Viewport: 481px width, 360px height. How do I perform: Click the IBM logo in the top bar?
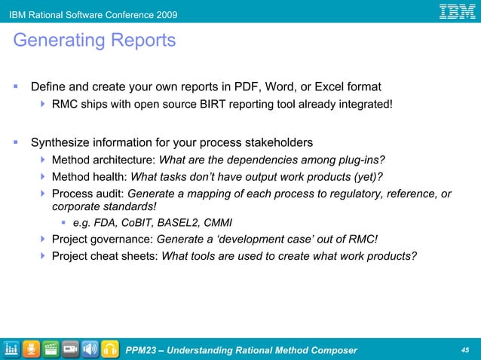(x=457, y=11)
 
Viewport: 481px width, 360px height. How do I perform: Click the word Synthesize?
(x=63, y=142)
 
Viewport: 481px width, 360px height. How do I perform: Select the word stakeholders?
(x=277, y=142)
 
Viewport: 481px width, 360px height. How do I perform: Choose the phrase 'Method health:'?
(x=90, y=177)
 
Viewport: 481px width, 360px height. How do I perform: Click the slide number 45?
(x=464, y=349)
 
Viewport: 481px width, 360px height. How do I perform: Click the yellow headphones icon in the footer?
(x=111, y=349)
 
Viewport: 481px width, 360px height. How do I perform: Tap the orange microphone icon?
(x=32, y=349)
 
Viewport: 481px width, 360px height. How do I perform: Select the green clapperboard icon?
(x=51, y=349)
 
